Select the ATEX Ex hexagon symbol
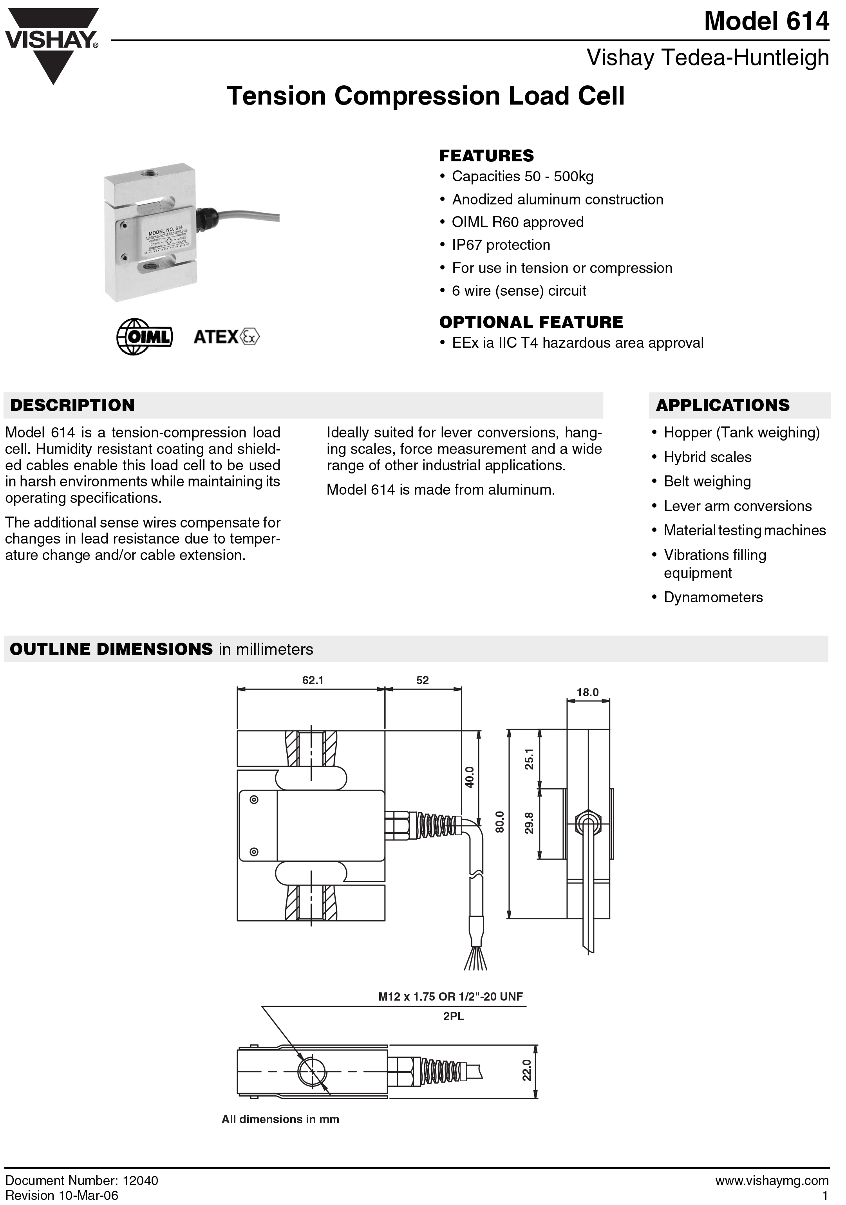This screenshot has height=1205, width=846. tap(250, 336)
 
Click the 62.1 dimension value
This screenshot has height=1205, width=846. tap(313, 680)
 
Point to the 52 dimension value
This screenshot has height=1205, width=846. tap(423, 680)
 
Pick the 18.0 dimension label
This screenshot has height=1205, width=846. tap(587, 692)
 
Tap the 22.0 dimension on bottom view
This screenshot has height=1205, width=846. tap(526, 1070)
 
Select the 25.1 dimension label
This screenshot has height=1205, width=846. tap(529, 759)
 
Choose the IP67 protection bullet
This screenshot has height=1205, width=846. tap(501, 245)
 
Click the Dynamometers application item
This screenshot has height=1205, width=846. tap(713, 597)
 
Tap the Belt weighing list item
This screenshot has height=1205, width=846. tap(707, 481)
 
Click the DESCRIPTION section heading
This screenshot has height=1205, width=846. tap(72, 405)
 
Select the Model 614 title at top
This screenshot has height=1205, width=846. tap(766, 22)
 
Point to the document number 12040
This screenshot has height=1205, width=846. tap(140, 1180)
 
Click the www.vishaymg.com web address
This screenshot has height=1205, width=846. tap(772, 1180)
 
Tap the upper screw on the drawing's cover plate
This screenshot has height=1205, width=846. tap(254, 800)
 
